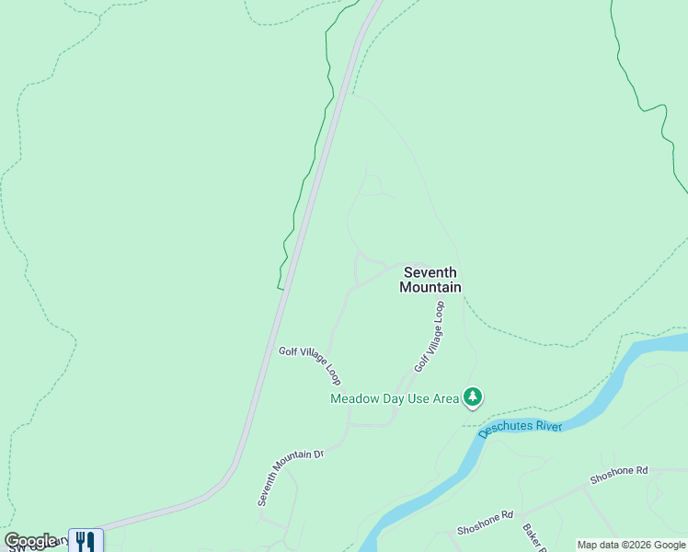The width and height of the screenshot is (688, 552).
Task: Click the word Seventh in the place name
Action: coord(430,272)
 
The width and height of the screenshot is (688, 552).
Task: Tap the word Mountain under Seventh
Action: coord(430,287)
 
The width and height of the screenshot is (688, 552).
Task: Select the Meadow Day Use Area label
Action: coord(395,398)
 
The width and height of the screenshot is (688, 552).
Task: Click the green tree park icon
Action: coord(473,397)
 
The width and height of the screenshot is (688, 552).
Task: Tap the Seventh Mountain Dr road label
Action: coord(291,477)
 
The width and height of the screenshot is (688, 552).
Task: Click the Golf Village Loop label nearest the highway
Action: coord(310,365)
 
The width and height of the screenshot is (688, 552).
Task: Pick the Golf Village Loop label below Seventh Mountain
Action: coord(430,336)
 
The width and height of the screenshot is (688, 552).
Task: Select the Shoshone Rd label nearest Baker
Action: coord(485,523)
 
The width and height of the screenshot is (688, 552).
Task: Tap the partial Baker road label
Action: coord(534,537)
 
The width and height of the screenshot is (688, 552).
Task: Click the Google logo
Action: coord(30,541)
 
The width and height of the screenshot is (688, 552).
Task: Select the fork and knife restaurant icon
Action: coord(86,540)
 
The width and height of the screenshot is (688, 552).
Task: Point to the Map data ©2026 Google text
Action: coord(632,545)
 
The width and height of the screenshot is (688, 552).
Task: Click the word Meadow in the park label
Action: coord(354,398)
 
